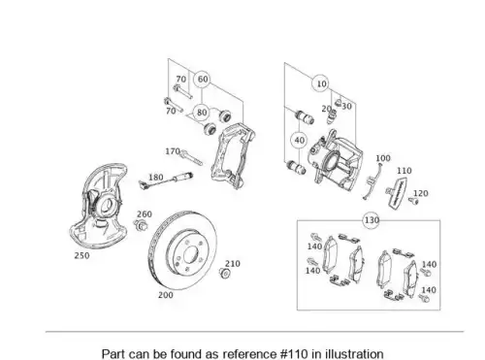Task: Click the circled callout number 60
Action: pos(203,80)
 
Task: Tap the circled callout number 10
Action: pos(321,83)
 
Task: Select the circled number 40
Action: pos(299,141)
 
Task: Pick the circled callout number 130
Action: pos(372,220)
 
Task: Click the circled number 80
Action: pos(202,113)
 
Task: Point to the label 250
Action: pos(81,255)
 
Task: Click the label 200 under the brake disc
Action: pos(166,295)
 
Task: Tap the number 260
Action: pos(145,214)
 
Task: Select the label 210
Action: pos(233,264)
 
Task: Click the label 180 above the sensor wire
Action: pos(155,178)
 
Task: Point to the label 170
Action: pos(173,151)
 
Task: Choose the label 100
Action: pos(383,158)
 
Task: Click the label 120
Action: pos(421,193)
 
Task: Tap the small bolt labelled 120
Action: pos(413,201)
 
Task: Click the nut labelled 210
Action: pos(225,274)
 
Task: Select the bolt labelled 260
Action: pos(140,224)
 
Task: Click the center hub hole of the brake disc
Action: pos(191,255)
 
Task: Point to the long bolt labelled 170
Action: pos(191,157)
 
